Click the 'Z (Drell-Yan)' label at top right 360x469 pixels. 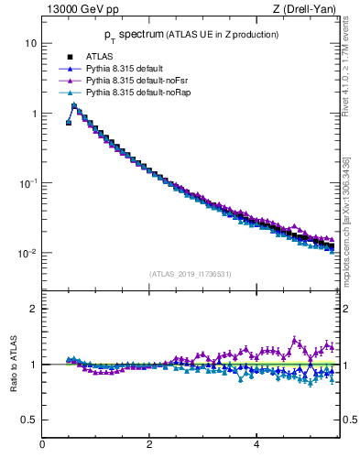point(306,10)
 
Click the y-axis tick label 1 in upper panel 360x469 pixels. point(33,114)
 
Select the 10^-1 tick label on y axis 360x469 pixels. point(27,182)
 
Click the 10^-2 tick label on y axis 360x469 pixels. point(27,253)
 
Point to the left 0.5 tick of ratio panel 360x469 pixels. point(30,420)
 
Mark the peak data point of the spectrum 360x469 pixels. point(74,105)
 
